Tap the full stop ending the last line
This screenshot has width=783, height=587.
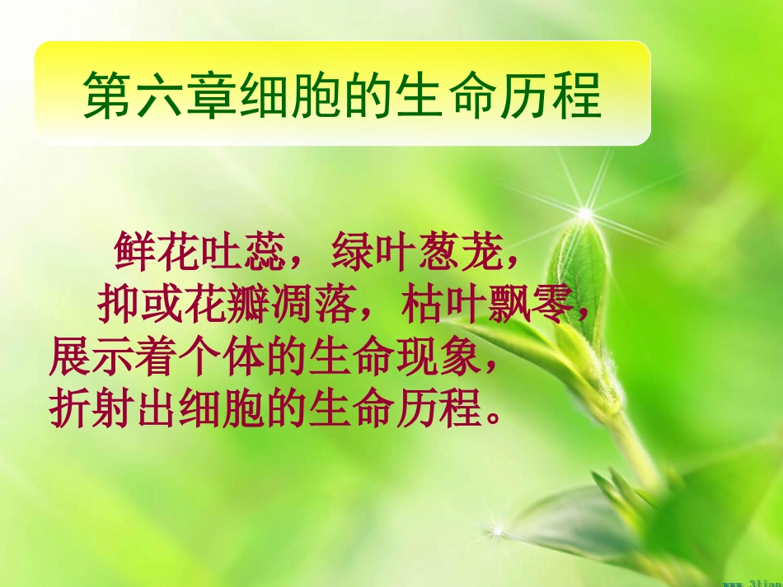[x=494, y=414]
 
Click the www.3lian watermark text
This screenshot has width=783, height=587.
[x=753, y=582]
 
